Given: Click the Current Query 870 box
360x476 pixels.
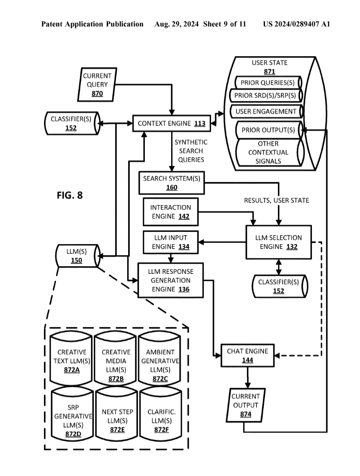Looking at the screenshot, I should [97, 85].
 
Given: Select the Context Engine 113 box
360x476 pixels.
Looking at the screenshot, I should [172, 124].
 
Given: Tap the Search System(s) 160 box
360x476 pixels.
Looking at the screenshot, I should [172, 183].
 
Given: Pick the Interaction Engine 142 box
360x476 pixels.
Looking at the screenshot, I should [170, 212].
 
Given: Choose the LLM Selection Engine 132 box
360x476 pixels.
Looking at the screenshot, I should [278, 242].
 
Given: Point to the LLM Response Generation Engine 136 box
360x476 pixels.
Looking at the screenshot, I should [171, 280].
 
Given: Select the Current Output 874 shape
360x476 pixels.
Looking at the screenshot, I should [246, 405].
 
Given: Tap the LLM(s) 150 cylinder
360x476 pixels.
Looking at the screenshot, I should [77, 256].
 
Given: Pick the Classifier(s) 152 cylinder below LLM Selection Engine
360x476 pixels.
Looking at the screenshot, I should [279, 286].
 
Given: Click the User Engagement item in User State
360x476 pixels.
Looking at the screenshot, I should [266, 111].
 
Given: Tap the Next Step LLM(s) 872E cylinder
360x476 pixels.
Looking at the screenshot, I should [117, 416].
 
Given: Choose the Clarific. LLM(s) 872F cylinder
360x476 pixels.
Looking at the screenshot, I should [162, 416].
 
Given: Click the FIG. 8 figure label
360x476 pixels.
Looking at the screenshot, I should [70, 195].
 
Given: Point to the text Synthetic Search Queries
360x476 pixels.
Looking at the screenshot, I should [191, 151].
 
